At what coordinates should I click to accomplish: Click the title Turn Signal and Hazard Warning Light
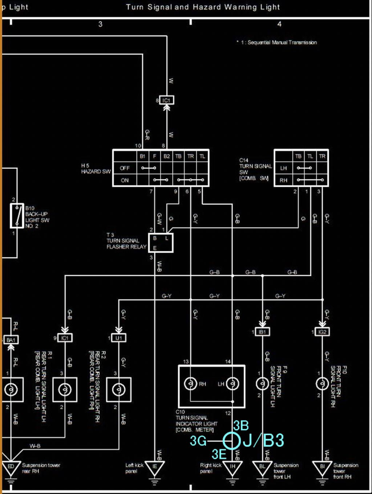(x=203, y=7)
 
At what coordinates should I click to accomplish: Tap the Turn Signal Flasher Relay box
(x=163, y=242)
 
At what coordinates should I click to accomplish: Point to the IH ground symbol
(x=233, y=467)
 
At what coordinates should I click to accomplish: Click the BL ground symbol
(x=262, y=467)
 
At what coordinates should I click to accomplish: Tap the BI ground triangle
(x=322, y=467)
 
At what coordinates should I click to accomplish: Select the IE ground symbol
(x=155, y=467)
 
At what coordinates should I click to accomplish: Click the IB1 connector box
(x=262, y=331)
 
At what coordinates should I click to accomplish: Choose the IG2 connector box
(x=322, y=331)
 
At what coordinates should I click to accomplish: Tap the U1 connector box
(x=119, y=338)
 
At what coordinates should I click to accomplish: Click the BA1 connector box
(x=11, y=340)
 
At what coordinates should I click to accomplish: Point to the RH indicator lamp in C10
(x=191, y=384)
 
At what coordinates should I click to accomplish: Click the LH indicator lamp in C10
(x=232, y=384)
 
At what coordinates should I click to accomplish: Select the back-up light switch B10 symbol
(x=17, y=215)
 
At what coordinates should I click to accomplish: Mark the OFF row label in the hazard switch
(x=125, y=168)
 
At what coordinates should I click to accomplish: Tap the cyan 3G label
(x=198, y=441)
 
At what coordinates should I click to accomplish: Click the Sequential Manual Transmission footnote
(x=277, y=42)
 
